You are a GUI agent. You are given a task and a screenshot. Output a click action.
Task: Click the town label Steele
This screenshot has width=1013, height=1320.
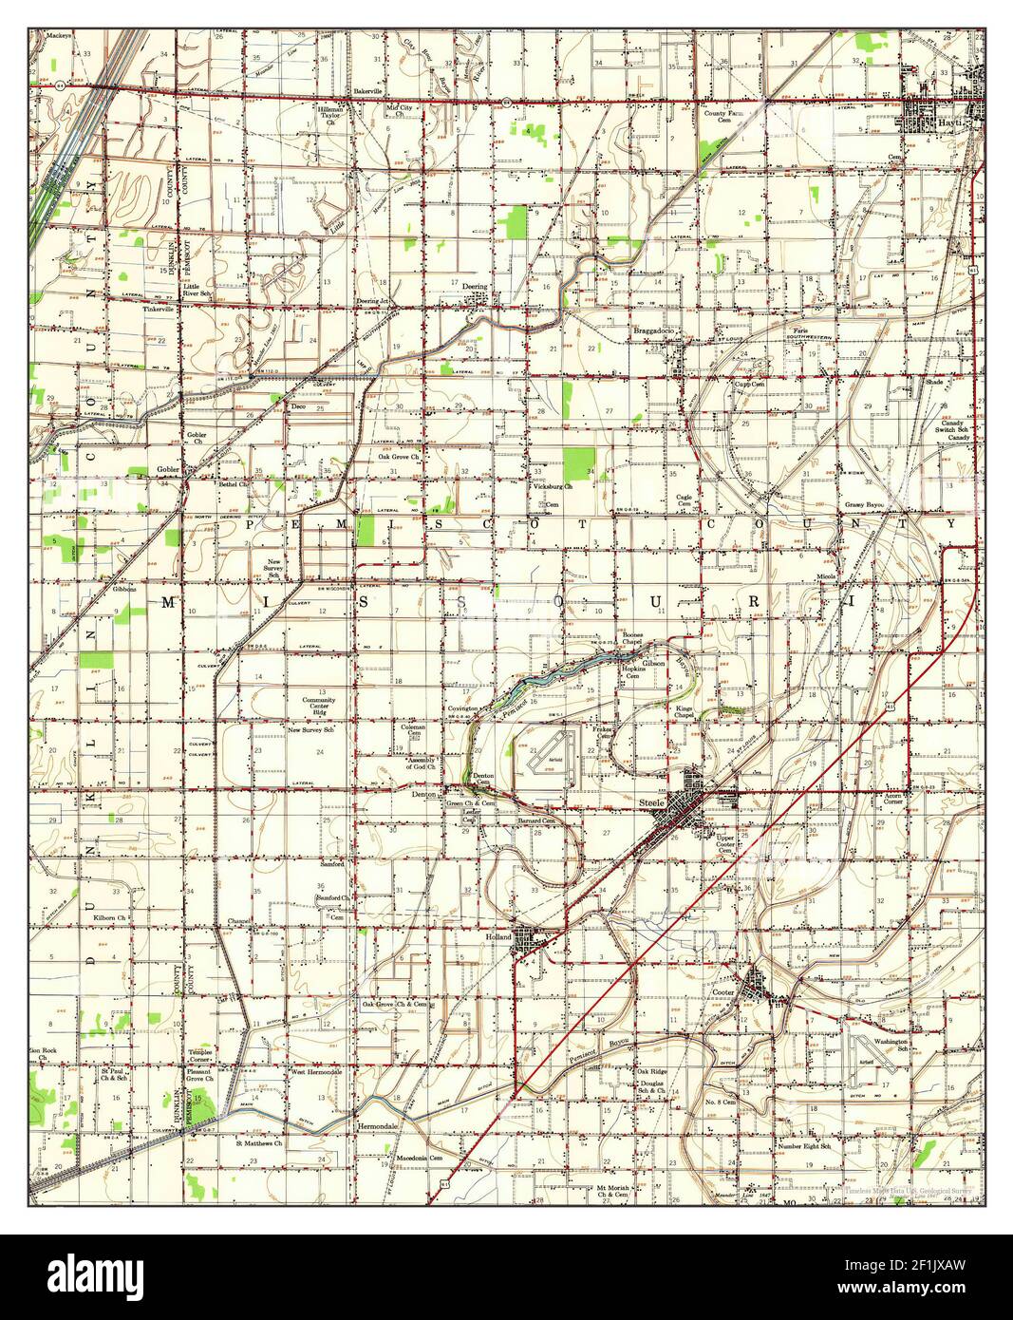pos(651,803)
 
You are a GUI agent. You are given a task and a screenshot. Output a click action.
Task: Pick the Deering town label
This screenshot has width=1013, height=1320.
pos(475,286)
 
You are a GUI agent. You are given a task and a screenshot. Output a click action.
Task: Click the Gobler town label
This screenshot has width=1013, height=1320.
pos(168,470)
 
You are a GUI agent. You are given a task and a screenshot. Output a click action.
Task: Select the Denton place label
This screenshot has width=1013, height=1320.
pos(423,794)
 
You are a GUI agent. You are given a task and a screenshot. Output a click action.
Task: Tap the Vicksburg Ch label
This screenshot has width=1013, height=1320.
pos(552,486)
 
